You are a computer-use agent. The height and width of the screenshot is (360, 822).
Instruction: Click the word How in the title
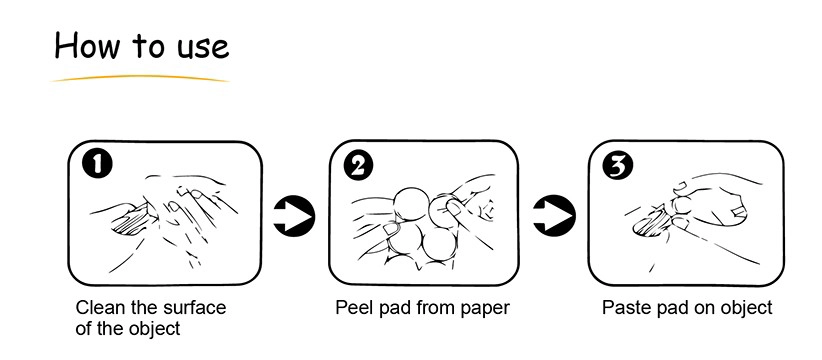click(87, 45)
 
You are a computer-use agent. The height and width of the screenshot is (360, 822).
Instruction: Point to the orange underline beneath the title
click(140, 79)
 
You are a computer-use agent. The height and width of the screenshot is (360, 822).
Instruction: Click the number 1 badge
click(97, 165)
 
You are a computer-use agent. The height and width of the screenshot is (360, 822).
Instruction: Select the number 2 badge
click(358, 166)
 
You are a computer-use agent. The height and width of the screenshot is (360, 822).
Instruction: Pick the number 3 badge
click(618, 165)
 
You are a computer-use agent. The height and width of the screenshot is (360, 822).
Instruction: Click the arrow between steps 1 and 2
click(294, 215)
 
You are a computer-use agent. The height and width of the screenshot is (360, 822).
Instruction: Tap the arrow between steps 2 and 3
click(554, 215)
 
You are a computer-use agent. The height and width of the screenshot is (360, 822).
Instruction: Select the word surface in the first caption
click(194, 307)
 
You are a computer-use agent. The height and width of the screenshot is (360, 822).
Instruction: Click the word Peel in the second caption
click(352, 307)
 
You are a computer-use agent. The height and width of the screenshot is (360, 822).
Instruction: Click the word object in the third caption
click(747, 309)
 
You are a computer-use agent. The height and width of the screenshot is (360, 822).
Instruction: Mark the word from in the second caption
click(437, 307)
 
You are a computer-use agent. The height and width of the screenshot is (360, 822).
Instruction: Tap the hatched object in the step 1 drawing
click(131, 221)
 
